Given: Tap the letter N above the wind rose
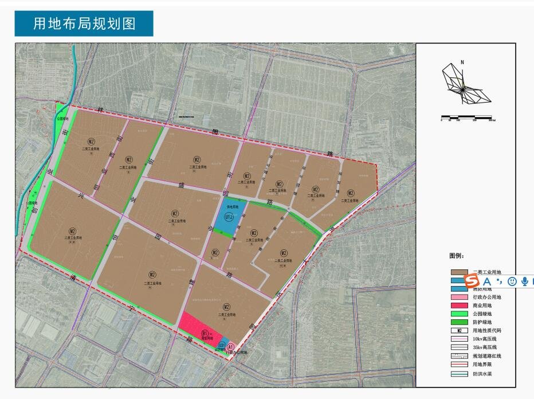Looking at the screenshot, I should (x=462, y=62).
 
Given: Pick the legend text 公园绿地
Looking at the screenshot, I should (x=482, y=314).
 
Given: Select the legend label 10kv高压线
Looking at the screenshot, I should (x=485, y=339).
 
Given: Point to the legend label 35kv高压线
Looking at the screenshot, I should (x=485, y=347).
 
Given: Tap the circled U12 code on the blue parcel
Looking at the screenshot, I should (x=229, y=218).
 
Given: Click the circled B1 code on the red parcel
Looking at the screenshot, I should (x=205, y=333).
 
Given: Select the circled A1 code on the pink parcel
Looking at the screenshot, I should (x=230, y=347).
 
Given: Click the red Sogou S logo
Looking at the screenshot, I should (x=472, y=281).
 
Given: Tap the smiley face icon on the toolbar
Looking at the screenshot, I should (x=512, y=281).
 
